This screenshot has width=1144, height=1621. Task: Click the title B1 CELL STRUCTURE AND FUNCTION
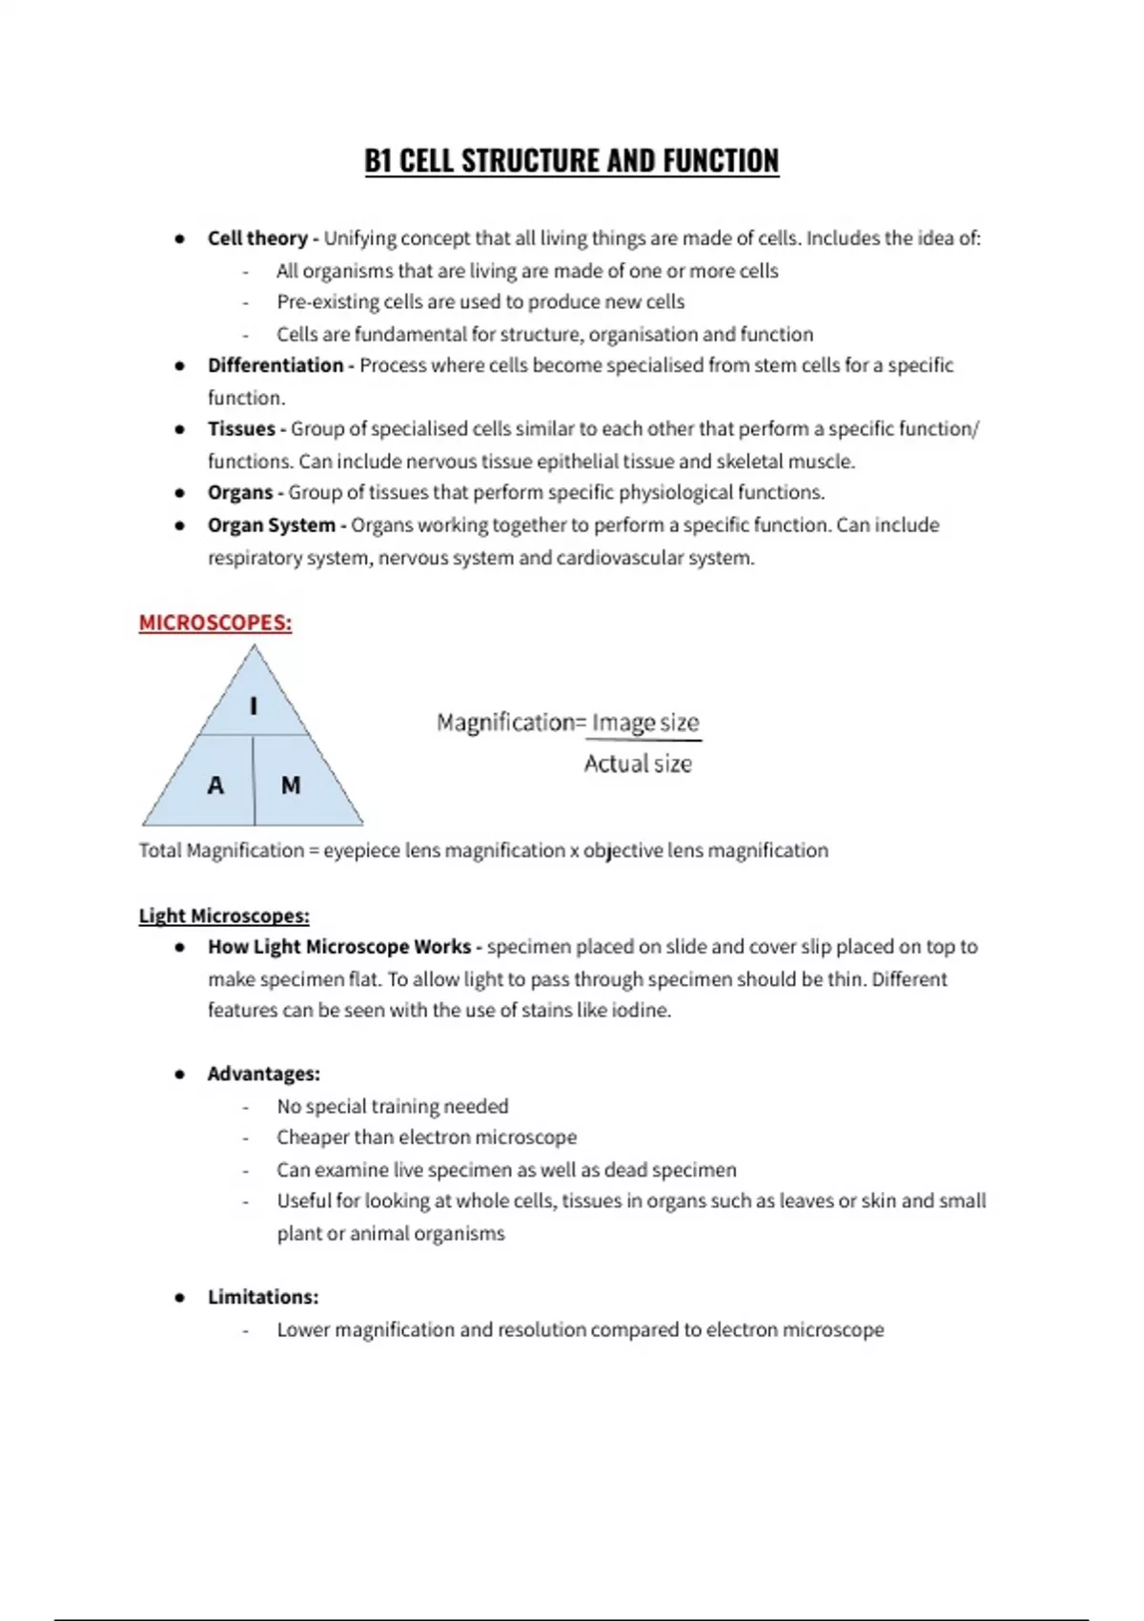(x=571, y=161)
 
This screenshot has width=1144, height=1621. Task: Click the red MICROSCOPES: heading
(x=215, y=623)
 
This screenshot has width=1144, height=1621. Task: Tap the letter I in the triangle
(x=254, y=707)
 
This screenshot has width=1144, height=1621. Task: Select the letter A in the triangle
(x=215, y=786)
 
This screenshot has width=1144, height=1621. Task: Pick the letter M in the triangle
(x=291, y=786)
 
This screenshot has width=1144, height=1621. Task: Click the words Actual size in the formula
(x=638, y=764)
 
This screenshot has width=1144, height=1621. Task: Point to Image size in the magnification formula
(x=645, y=723)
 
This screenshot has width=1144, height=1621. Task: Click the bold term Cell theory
(x=257, y=238)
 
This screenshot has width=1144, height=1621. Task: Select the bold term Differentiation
(x=276, y=365)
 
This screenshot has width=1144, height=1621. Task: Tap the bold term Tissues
(x=241, y=429)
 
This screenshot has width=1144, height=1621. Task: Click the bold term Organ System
(x=272, y=525)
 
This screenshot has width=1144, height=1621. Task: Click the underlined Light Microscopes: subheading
(x=224, y=916)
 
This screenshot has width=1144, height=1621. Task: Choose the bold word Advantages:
(x=264, y=1074)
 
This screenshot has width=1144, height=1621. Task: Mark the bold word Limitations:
(x=263, y=1297)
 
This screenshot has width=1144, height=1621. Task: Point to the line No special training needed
(x=393, y=1106)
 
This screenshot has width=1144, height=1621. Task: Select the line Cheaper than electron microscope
(x=426, y=1138)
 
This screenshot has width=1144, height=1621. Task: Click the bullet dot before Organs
(x=179, y=493)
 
